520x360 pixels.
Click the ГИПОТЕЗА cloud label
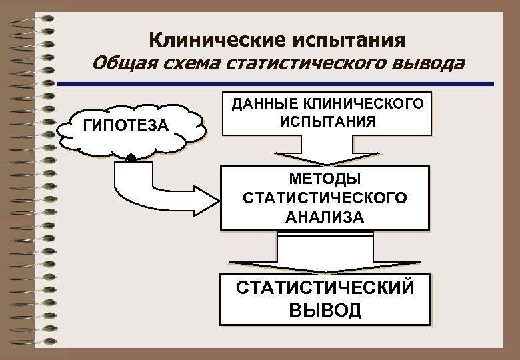pos(127,125)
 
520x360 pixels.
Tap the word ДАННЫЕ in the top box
pos(266,104)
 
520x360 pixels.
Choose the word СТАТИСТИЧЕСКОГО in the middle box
pos(325,198)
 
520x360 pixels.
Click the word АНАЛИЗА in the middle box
pos(325,217)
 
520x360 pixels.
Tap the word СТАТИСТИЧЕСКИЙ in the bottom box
pos(325,289)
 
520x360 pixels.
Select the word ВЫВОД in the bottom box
pos(325,310)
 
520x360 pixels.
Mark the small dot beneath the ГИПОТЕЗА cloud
pos(131,159)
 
